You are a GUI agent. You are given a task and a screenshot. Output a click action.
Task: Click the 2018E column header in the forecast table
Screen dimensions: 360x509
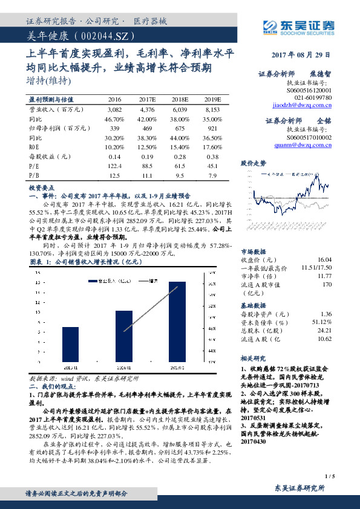pos(180,99)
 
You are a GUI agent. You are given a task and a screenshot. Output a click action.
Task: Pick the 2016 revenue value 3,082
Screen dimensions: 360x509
pos(114,110)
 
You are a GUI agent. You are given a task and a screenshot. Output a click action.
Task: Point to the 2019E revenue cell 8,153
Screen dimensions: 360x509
pos(213,110)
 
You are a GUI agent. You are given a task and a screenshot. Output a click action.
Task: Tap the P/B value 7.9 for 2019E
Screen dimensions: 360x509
pos(213,175)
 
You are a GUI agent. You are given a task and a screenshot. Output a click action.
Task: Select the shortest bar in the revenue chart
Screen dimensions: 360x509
pos(69,345)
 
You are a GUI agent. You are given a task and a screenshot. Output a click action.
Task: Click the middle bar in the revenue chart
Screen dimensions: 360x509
pos(123,337)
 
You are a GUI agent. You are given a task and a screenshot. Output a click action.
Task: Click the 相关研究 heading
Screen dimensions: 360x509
pos(254,358)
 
